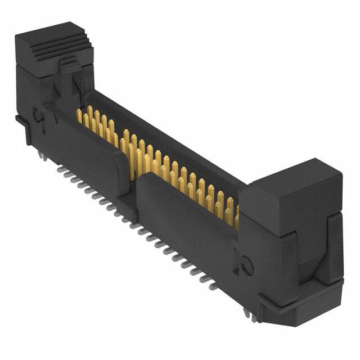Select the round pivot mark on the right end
pos(246,262)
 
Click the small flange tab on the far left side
pos(20,121)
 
